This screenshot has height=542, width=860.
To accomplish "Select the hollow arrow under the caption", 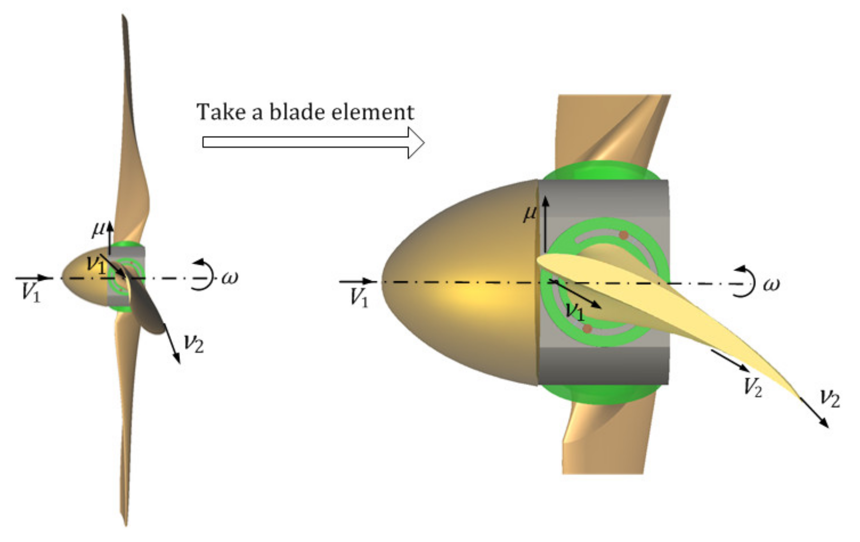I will click(313, 142).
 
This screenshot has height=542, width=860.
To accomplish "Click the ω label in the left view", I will click(230, 278).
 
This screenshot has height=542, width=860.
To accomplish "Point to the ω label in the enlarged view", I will click(771, 284).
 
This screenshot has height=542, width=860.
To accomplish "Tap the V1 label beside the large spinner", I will click(359, 298).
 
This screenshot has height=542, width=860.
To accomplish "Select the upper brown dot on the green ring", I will click(624, 235).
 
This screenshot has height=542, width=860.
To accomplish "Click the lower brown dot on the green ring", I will click(587, 329).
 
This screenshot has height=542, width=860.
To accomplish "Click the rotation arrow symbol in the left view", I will click(202, 275).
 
